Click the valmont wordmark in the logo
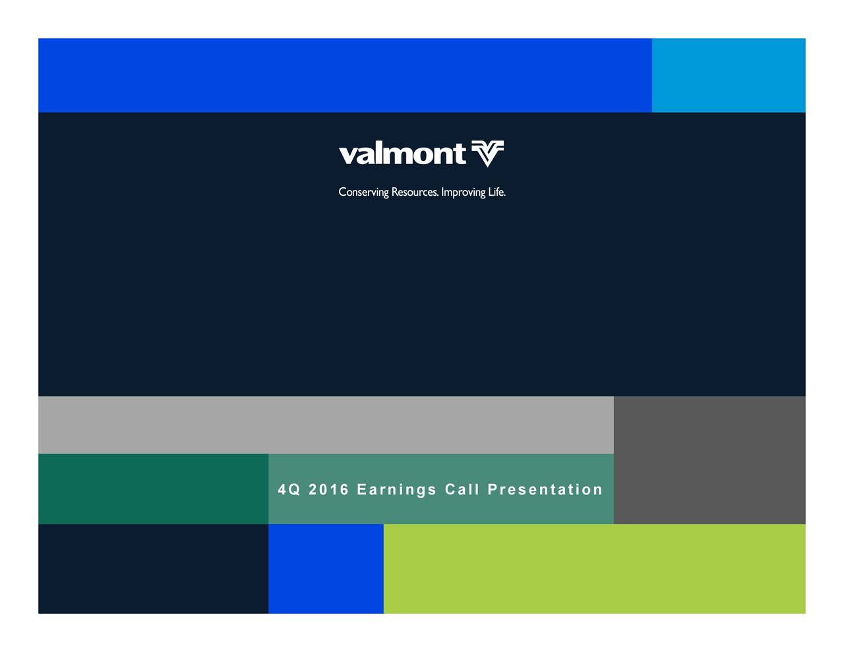[402, 154]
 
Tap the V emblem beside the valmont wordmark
[488, 154]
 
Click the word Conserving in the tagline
[363, 193]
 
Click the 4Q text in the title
[288, 490]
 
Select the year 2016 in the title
[328, 490]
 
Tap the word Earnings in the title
[397, 490]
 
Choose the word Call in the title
[462, 490]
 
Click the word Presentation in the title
[545, 490]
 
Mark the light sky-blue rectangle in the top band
[729, 75]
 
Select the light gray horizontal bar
[326, 425]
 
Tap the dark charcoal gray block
[709, 460]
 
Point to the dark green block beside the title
[153, 489]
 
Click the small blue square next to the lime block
[326, 569]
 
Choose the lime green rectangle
[594, 569]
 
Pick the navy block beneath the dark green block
[153, 569]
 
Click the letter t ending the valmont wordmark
[459, 154]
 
